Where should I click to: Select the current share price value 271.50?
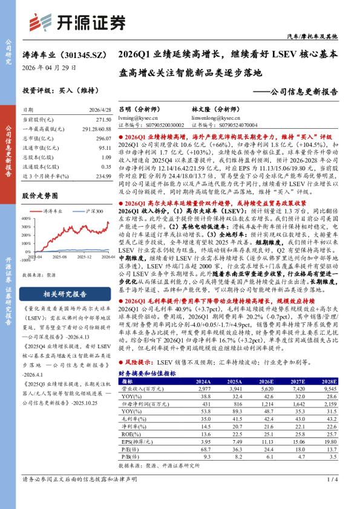coord(102,120)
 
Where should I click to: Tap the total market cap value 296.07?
coord(102,138)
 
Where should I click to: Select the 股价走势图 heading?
coord(40,196)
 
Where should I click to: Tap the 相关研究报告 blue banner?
coord(67,294)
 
